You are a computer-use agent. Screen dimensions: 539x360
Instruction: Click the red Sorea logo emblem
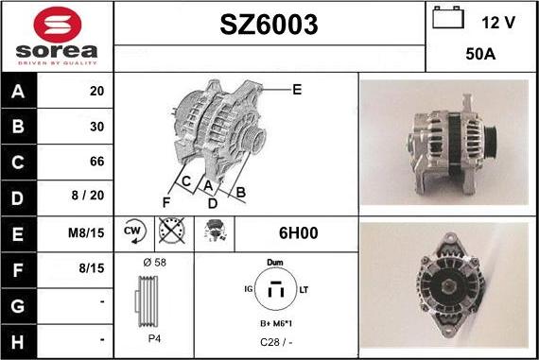point(58,25)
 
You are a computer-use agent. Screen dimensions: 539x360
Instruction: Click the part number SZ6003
point(269,25)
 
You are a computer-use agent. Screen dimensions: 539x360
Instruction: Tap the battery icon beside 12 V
point(448,18)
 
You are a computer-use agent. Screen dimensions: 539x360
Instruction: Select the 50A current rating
point(480,54)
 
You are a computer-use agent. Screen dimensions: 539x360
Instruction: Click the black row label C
point(18,163)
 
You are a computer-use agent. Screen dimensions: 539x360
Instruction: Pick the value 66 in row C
point(97,162)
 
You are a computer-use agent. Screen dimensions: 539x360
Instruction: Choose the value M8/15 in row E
point(86,232)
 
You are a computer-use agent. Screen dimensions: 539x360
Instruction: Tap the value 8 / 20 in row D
point(88,195)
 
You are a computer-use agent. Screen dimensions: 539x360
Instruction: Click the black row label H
point(18,342)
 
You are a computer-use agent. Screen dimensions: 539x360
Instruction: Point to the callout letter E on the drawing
point(297,90)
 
